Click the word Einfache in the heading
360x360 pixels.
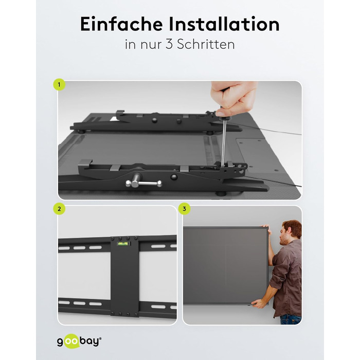point(121,24)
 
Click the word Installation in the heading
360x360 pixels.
point(224,24)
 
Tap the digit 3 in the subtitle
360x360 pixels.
point(169,44)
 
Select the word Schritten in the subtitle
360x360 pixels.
point(206,44)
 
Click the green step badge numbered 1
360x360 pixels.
point(59,85)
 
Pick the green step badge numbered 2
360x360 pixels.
point(59,209)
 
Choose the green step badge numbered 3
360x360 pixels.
point(184,209)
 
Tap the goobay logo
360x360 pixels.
point(79,341)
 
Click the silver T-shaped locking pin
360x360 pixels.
point(143,182)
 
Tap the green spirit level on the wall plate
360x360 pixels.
point(123,244)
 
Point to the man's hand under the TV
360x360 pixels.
point(258,304)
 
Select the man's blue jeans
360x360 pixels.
point(291,319)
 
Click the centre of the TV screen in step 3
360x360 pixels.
point(226,265)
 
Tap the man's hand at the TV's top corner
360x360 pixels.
point(266,228)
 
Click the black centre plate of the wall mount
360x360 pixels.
point(124,277)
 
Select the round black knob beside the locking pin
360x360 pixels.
point(174,177)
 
